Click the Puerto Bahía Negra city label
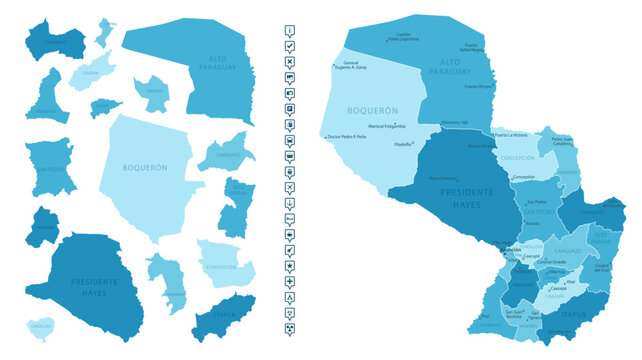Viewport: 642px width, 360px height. coord(472,46)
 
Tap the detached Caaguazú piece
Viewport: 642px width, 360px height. coord(228,155)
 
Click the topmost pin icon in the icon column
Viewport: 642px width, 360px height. coord(290,30)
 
